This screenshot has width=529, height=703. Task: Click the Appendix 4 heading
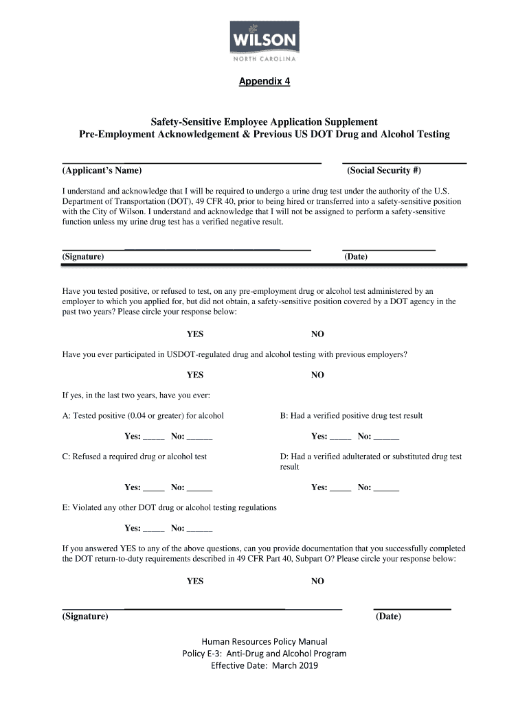[x=264, y=82]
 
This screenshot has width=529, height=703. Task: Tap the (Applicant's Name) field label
[x=102, y=170]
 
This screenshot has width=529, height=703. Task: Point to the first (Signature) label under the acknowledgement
[x=83, y=257]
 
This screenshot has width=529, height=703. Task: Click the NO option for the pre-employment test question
[x=317, y=334]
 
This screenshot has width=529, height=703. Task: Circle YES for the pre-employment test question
[x=195, y=334]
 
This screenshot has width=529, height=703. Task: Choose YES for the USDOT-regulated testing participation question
[x=195, y=376]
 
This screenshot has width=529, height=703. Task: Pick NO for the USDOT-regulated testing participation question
[x=317, y=376]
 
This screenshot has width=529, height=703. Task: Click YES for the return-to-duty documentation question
[x=195, y=581]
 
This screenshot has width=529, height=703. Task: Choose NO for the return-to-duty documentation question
[x=317, y=581]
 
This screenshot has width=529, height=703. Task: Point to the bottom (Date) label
[x=388, y=616]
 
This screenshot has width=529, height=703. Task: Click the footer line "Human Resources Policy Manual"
[x=264, y=642]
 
